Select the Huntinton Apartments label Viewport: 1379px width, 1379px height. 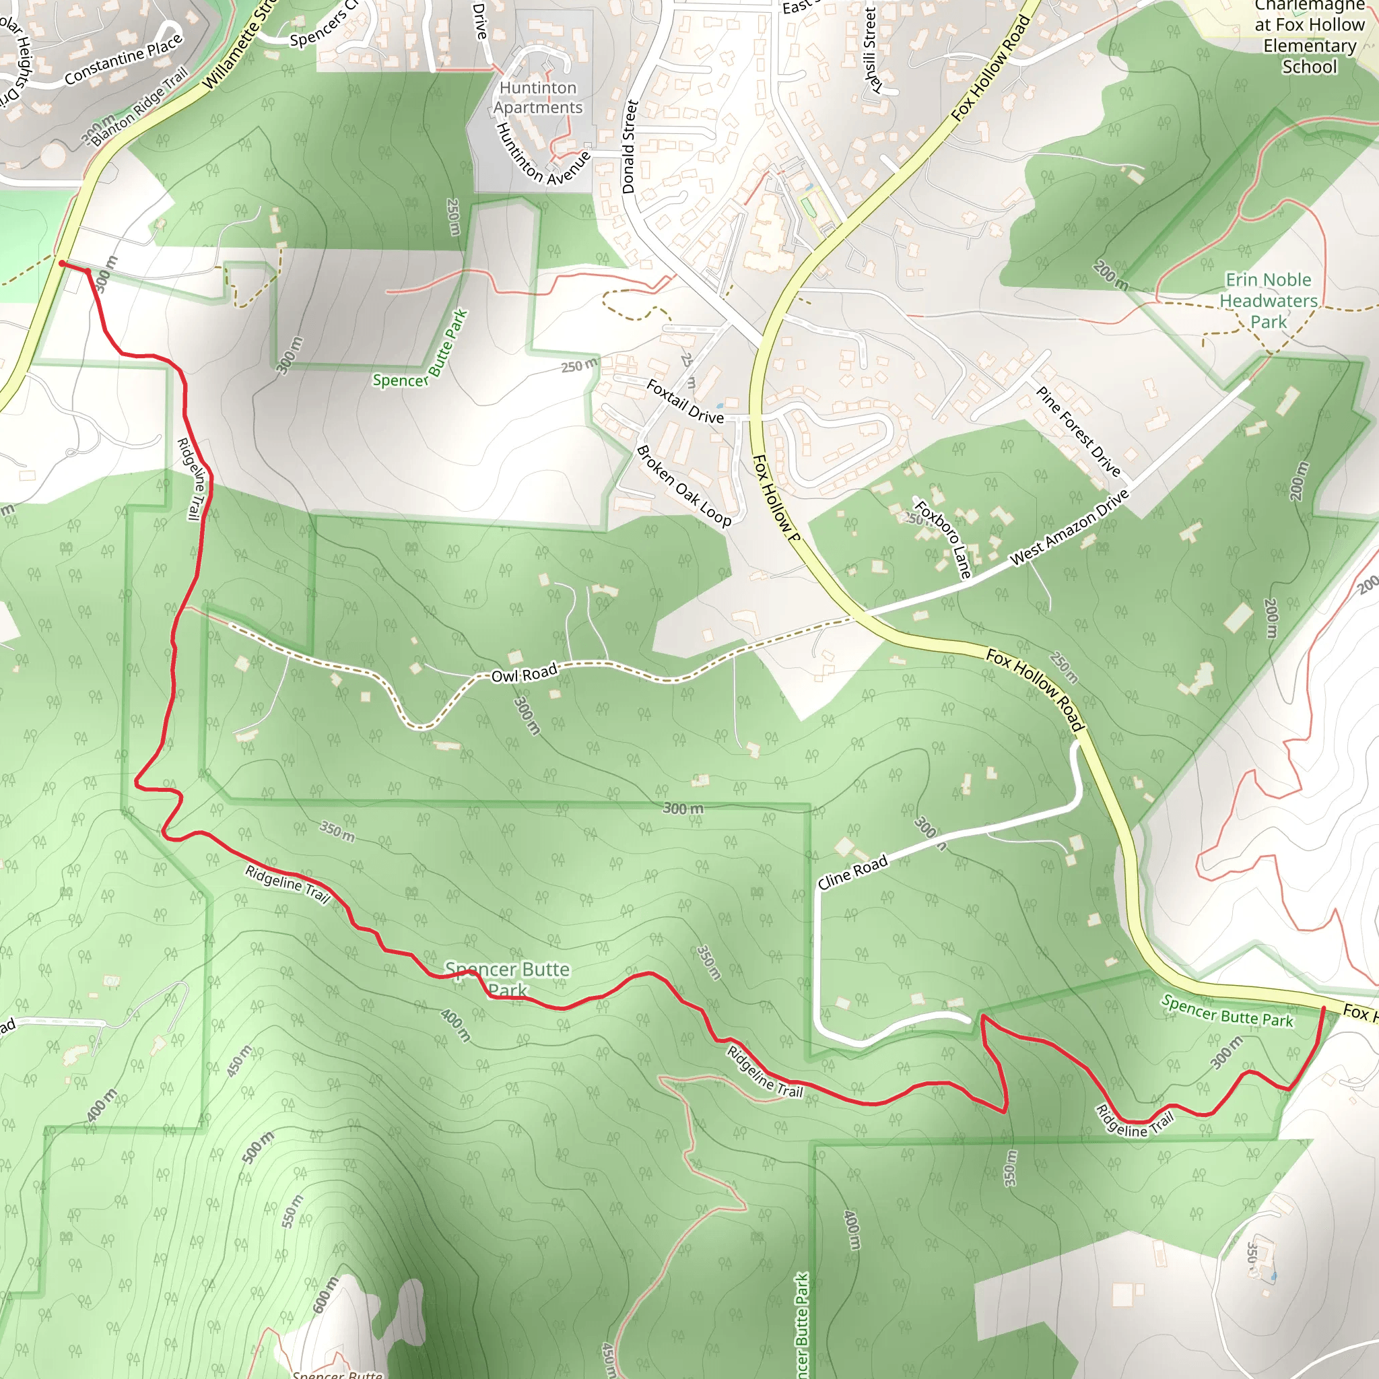point(538,97)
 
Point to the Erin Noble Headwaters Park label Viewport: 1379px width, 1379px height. point(1269,300)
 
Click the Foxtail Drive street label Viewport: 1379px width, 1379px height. point(685,401)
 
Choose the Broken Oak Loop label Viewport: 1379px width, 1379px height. point(683,486)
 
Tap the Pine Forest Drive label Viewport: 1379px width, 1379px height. point(1078,431)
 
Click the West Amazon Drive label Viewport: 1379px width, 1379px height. point(1069,528)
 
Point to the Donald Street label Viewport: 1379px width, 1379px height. point(628,146)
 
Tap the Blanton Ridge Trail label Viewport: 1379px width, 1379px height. point(140,106)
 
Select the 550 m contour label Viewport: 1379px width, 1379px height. point(292,1211)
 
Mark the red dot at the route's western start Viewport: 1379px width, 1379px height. point(63,264)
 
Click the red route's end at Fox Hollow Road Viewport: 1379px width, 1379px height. point(1323,1008)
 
